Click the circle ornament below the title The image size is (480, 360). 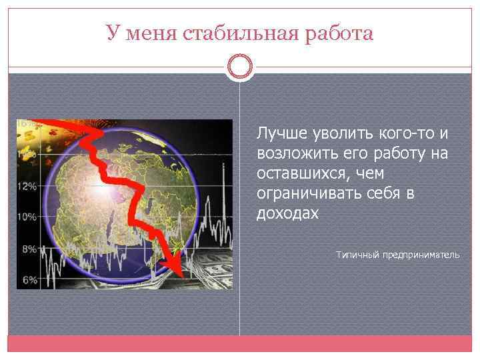click(239, 67)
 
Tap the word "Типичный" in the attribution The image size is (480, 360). click(357, 255)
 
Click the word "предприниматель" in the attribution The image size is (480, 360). click(421, 255)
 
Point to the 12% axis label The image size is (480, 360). click(27, 187)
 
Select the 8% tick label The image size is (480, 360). click(29, 249)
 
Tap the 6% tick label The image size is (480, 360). click(29, 281)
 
